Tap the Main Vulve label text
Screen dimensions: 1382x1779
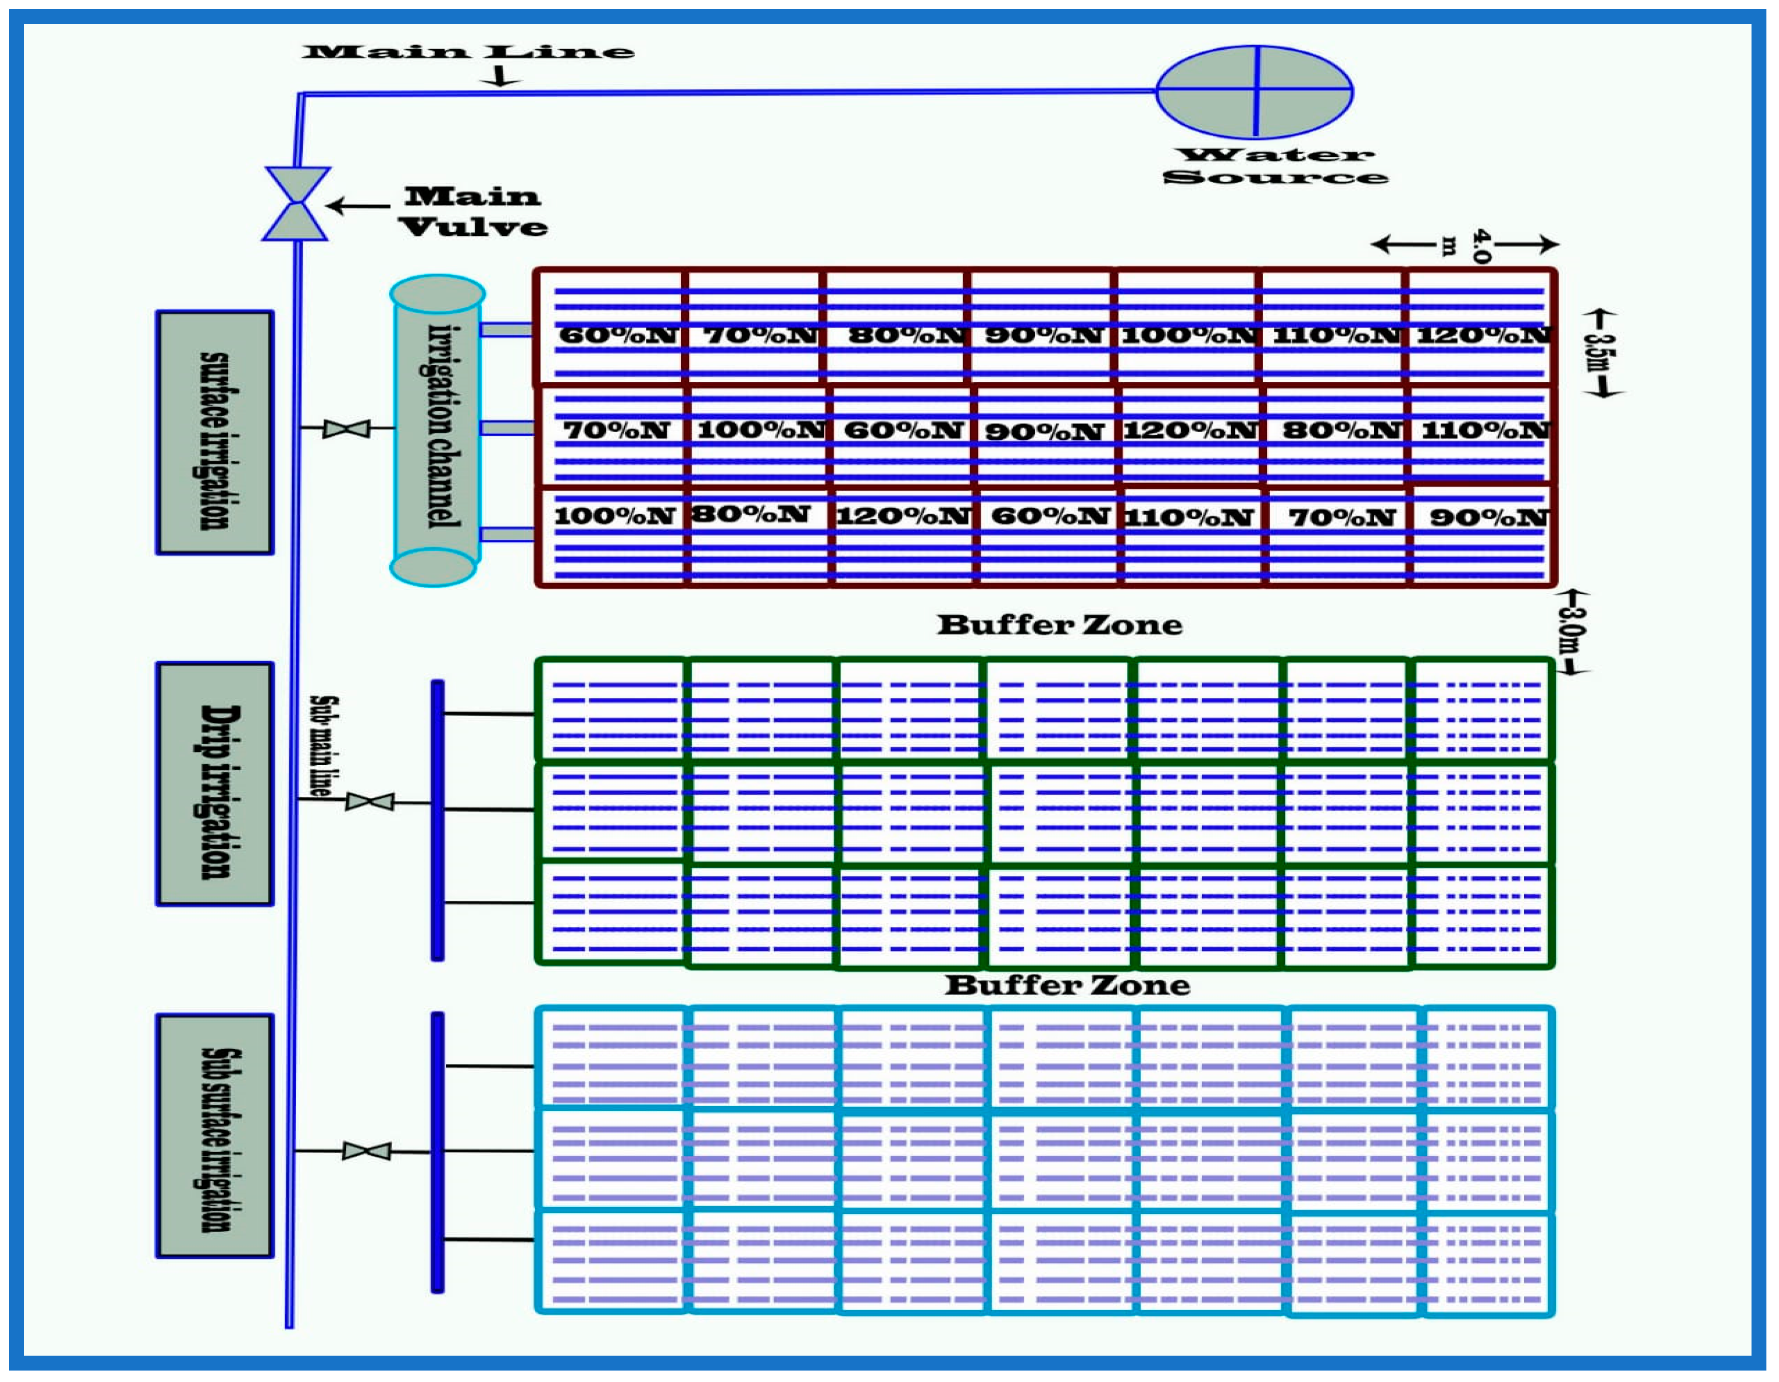(474, 211)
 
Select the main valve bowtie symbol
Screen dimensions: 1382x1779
(297, 204)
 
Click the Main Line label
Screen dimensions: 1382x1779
(468, 52)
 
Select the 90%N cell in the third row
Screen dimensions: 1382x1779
(1488, 517)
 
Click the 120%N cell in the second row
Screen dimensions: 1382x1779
(1190, 430)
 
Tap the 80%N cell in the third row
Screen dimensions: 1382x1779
(750, 514)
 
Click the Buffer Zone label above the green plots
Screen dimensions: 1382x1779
(1059, 625)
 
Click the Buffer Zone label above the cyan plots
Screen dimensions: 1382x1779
(1067, 985)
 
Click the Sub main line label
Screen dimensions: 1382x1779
(324, 746)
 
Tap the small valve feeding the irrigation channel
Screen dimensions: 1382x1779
(346, 428)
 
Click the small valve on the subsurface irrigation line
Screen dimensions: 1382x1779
(366, 1151)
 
